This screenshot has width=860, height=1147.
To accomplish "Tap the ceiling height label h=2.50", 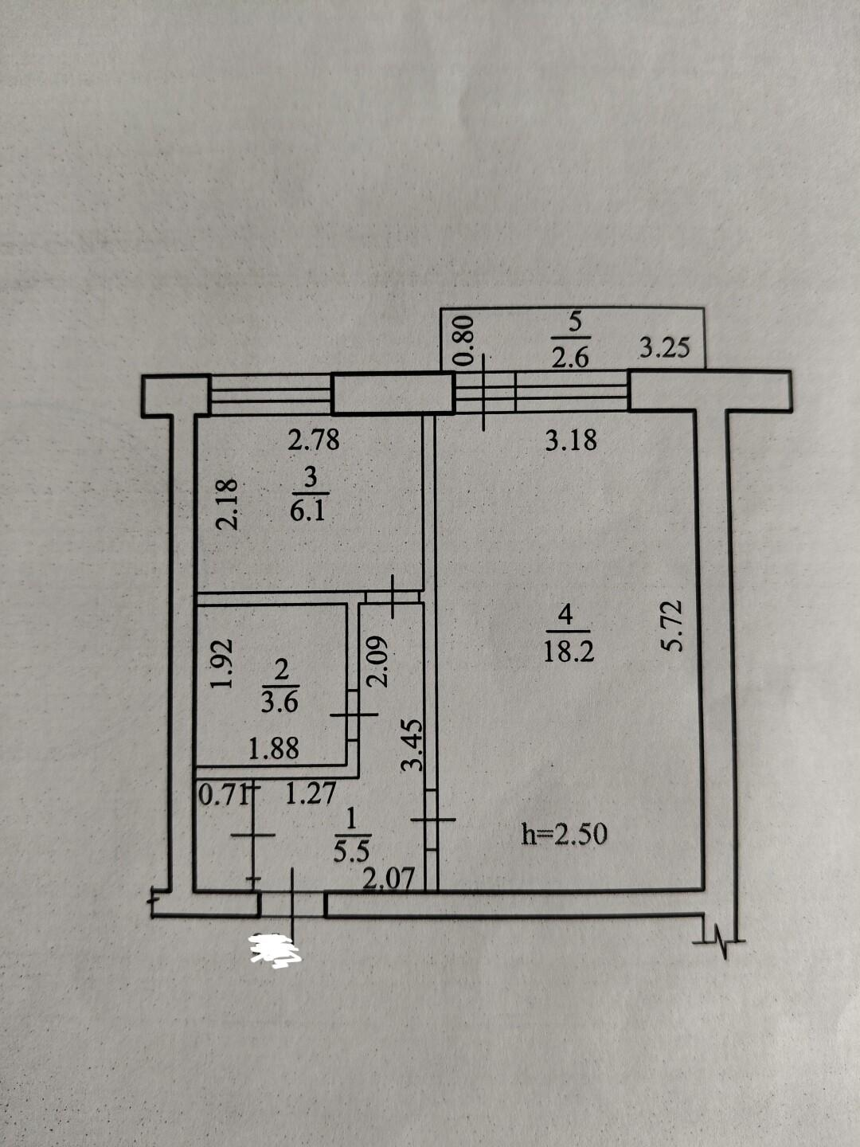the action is [x=564, y=835].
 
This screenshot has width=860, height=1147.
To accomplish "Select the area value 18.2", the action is [x=569, y=652].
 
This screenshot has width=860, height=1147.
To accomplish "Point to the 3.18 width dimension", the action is [x=570, y=440].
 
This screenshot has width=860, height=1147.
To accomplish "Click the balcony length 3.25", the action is [x=665, y=347].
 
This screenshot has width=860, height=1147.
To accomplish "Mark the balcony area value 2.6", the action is [x=570, y=359].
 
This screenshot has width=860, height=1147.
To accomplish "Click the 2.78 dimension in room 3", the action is [x=314, y=440].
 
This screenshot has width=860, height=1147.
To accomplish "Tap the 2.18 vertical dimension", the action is [x=228, y=505].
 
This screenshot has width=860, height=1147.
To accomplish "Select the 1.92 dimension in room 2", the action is [x=221, y=664].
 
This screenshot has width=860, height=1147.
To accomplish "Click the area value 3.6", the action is [x=279, y=703].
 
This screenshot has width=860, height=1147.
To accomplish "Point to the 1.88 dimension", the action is [x=274, y=750].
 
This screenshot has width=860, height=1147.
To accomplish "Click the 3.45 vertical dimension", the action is [x=412, y=746].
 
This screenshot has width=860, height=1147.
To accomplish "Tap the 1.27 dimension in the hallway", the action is [x=311, y=795].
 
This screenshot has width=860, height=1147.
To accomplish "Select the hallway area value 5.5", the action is [x=351, y=853].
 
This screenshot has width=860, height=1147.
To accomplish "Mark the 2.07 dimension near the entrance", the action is [x=389, y=879].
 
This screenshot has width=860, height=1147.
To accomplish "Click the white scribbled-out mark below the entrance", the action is [x=274, y=949].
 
